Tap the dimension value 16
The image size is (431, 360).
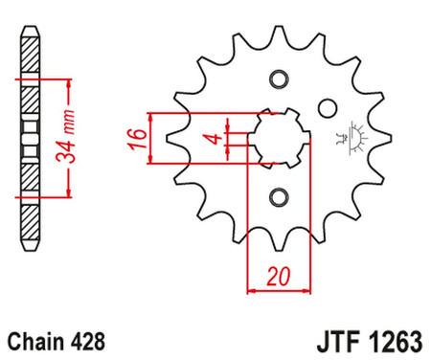[x=138, y=138]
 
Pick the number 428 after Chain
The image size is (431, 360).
[x=86, y=339]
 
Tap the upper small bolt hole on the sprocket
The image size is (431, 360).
[x=279, y=79]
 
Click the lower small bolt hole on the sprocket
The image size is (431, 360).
[x=279, y=197]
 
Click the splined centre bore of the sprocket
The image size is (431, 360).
[x=279, y=138]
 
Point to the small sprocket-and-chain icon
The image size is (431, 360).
[x=352, y=138]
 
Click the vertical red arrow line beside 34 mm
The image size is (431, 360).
[x=69, y=138]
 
